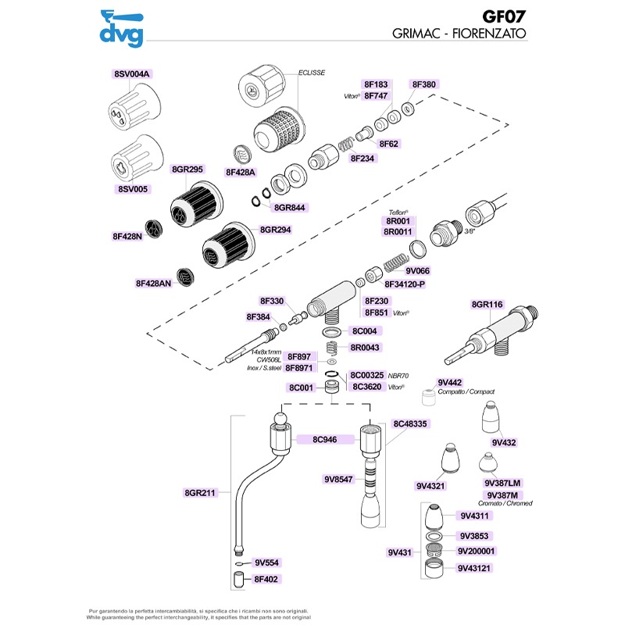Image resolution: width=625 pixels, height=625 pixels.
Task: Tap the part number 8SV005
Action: tap(131, 189)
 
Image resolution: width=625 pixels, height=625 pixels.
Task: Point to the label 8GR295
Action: tap(187, 170)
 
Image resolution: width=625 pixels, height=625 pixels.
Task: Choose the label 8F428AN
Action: tap(153, 284)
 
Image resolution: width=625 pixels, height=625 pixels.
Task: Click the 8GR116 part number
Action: tap(487, 304)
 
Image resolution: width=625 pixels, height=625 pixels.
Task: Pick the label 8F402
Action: tap(266, 579)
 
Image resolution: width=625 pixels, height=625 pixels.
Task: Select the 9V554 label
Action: tap(266, 562)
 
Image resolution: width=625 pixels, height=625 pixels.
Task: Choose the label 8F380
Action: tap(423, 84)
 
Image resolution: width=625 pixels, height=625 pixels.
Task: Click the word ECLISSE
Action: tap(312, 73)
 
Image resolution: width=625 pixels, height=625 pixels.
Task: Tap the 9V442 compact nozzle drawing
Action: tap(427, 399)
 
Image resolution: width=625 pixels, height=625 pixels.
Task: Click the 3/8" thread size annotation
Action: tap(470, 232)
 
